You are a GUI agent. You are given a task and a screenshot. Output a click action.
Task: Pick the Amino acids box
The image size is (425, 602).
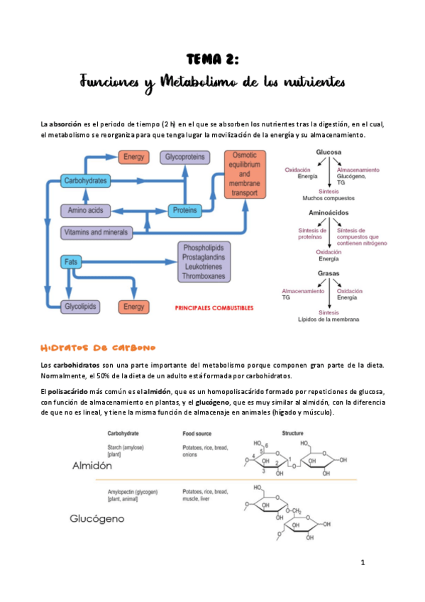(86, 210)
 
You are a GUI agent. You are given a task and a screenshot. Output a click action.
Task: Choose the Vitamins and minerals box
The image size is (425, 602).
(96, 232)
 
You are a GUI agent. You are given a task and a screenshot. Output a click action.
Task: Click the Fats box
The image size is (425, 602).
(70, 262)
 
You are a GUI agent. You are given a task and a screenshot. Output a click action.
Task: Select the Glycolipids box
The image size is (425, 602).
(80, 307)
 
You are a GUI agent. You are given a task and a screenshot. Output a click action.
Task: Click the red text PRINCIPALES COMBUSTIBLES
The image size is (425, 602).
(214, 309)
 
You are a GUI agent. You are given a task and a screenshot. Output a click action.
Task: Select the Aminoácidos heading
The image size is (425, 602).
(328, 213)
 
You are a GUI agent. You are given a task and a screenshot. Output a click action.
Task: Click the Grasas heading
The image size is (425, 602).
(328, 273)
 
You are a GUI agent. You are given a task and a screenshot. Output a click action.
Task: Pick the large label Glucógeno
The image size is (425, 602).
(98, 519)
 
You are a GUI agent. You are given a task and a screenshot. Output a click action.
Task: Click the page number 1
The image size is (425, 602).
(363, 563)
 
